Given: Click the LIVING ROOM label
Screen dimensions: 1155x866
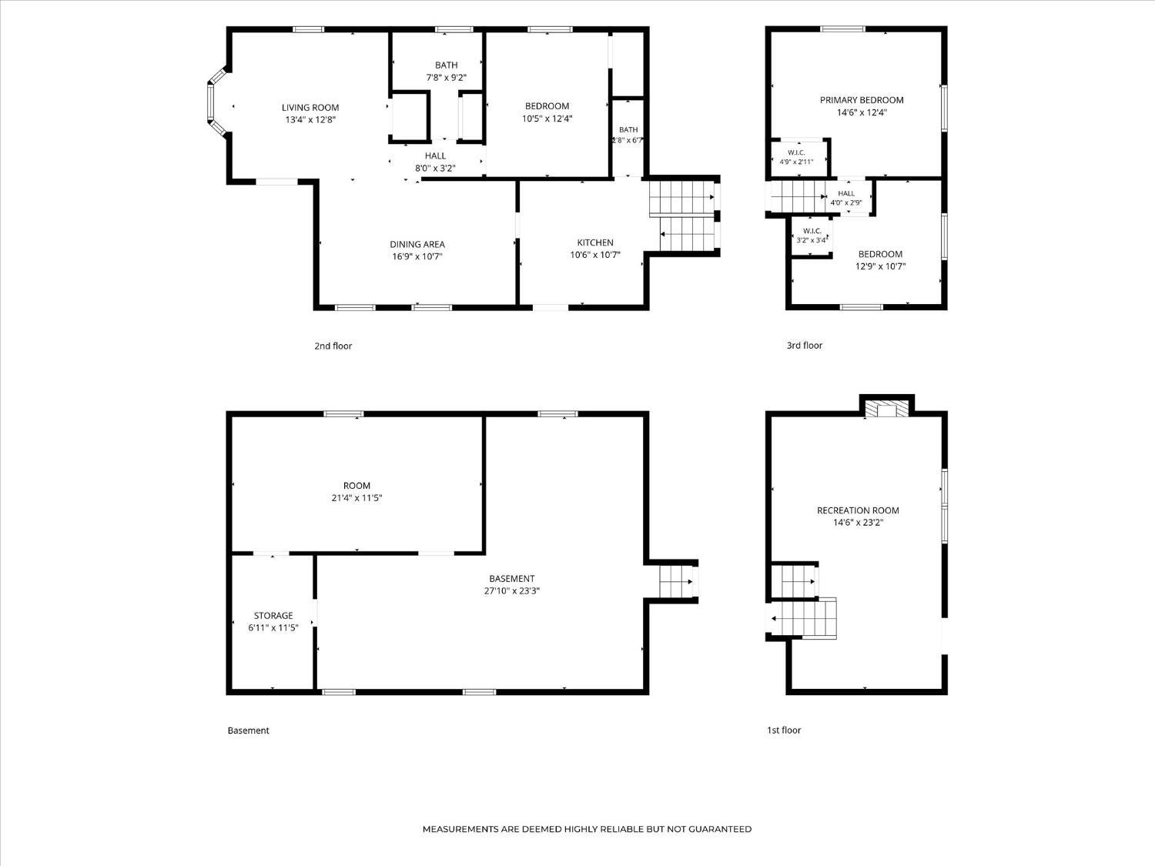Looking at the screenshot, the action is (310, 108).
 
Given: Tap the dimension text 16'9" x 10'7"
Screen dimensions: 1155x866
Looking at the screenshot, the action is (417, 256).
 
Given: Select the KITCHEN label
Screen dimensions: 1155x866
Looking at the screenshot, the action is (595, 242).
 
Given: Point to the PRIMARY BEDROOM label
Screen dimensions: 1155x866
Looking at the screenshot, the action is (862, 100).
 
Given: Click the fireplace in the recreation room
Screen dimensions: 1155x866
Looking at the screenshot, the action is (886, 409).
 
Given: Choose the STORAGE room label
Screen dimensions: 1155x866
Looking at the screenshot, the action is (273, 615).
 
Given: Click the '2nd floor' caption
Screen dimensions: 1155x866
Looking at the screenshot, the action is (333, 346).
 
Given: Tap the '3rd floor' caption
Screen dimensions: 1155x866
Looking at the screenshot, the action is (804, 346).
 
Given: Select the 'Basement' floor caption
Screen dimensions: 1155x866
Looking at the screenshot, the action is (248, 731).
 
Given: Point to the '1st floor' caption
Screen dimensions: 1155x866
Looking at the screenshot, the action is (784, 730).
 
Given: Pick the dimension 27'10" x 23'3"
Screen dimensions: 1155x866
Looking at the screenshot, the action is (512, 590).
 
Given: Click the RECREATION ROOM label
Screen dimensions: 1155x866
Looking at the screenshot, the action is (858, 510).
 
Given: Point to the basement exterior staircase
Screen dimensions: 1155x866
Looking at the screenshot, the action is (677, 581).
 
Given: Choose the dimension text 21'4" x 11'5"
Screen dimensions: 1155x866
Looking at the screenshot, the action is (357, 498).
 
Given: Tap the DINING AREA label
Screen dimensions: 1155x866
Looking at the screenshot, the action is (417, 244).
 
